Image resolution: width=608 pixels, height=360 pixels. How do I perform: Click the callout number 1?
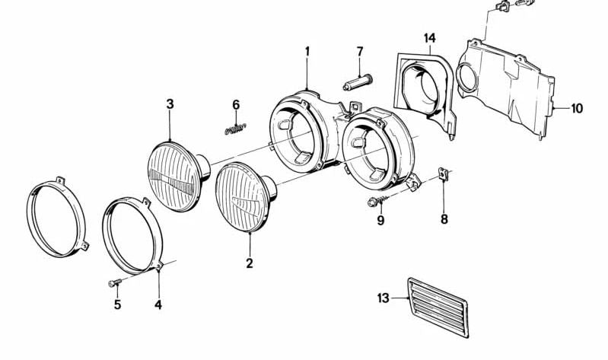point(307,51)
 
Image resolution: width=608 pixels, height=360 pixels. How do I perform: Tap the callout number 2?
point(250,263)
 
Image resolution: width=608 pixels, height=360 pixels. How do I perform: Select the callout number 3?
point(170,104)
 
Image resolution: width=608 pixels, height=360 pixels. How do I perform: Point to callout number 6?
point(236,105)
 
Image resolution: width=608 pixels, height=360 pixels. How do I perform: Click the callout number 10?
point(577,108)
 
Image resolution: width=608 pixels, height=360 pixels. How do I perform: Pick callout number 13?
point(383,298)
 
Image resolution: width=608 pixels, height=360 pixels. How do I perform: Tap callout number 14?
point(430,38)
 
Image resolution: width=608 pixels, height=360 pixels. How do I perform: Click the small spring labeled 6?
point(235,129)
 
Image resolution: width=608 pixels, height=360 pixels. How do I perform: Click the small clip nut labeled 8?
point(443,174)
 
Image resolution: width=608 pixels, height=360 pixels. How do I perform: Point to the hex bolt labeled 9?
point(377,201)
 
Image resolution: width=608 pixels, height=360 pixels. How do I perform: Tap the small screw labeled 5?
point(115,282)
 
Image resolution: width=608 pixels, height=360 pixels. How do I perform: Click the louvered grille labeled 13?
point(438,307)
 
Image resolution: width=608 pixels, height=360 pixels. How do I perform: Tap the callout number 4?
point(158,305)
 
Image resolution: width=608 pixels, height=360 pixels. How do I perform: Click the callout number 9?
point(380,221)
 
